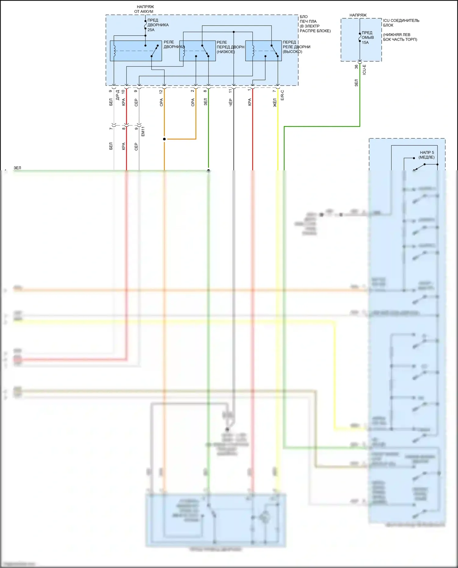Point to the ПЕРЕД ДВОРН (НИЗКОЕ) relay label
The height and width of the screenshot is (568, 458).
230,47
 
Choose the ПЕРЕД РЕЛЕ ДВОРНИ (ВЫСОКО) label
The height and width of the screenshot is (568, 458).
296,47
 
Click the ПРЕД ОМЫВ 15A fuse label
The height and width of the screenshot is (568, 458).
367,38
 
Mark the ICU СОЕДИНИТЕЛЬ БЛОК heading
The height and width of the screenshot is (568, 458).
401,23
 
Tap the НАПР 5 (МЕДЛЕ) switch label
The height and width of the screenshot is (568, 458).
427,155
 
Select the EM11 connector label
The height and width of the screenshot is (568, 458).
143,131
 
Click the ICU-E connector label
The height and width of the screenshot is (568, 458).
364,70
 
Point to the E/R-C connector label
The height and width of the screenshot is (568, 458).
282,95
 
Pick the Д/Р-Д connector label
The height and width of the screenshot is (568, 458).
118,95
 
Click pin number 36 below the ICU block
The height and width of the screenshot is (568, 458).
356,67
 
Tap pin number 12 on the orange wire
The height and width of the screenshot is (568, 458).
161,91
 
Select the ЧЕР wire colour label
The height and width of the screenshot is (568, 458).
231,102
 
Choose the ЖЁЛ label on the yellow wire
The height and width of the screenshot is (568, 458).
275,103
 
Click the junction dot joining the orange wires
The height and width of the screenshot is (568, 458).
164,139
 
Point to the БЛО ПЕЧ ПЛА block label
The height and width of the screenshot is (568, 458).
315,24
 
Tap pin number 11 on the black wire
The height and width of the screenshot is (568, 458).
230,91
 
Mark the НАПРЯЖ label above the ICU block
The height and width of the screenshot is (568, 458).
358,15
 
